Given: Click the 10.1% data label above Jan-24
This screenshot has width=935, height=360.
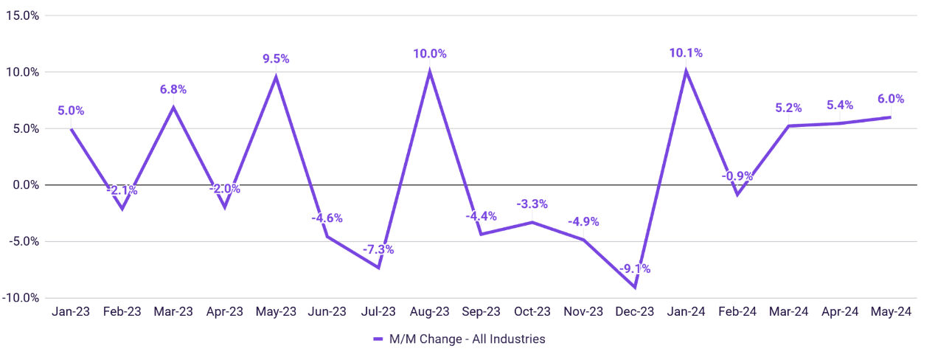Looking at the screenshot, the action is [x=686, y=53].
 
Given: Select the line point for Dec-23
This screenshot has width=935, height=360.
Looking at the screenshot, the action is [x=635, y=287].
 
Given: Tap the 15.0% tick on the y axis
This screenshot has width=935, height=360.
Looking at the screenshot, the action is [x=23, y=16].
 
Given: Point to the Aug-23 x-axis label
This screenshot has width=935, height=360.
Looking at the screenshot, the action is [x=429, y=311].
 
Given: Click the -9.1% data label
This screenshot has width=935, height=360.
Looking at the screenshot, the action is [x=635, y=269].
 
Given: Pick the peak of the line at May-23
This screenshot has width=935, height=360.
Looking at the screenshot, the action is [x=276, y=77].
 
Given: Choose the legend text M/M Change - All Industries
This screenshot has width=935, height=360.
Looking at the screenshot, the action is [x=467, y=339].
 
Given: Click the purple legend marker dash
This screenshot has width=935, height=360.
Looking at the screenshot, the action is [x=378, y=339].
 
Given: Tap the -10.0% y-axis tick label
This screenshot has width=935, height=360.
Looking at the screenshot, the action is [x=21, y=298].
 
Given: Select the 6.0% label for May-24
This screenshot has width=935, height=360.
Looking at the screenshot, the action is [x=891, y=99].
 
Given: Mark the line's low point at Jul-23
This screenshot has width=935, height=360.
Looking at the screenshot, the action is [x=378, y=267].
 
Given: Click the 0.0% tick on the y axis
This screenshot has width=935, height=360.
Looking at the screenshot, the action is [x=26, y=185].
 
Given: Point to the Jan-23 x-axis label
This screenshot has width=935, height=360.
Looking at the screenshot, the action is [x=71, y=311].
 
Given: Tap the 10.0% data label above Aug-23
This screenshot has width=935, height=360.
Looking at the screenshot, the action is [x=429, y=54].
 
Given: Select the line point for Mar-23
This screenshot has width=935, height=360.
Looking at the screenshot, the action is [x=173, y=107].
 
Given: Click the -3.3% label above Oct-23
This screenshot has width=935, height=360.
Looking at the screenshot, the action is [x=532, y=204].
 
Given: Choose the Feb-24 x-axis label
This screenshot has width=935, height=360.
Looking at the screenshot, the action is [x=737, y=311].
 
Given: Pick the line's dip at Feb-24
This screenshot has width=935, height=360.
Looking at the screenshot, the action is [x=737, y=195].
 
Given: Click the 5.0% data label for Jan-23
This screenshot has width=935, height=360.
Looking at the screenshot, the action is [x=71, y=111].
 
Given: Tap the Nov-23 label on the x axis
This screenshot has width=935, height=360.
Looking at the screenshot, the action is [x=583, y=311].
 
